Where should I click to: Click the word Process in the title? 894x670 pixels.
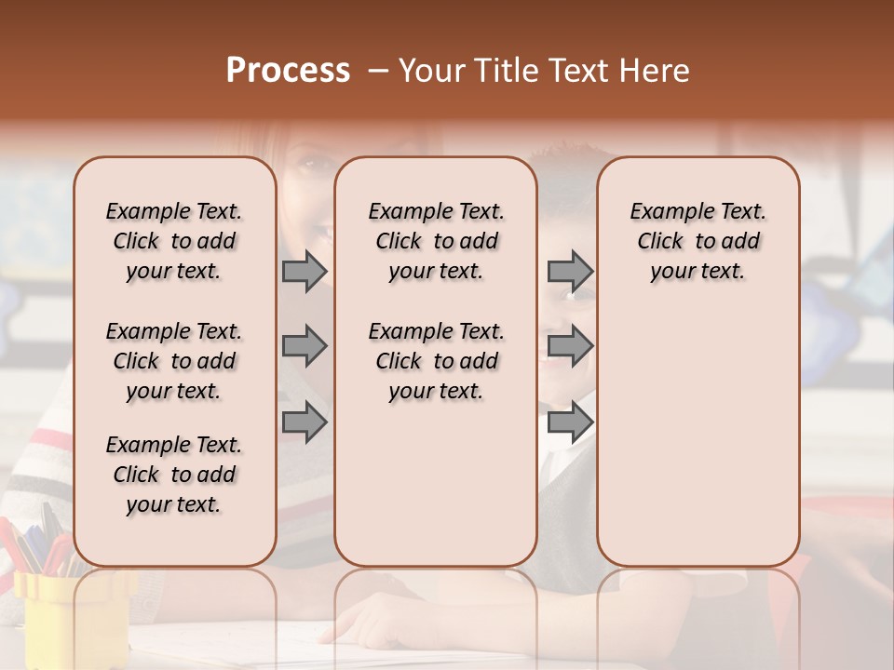coord(288,71)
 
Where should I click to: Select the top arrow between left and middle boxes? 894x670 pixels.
coord(305,272)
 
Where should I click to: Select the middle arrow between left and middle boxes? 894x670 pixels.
coord(305,346)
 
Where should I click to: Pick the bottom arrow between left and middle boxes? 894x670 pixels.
coord(305,422)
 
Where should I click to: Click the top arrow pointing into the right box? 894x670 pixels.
coord(570,272)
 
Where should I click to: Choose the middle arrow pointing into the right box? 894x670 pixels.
coord(570,346)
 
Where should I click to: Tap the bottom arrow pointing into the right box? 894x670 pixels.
coord(570,422)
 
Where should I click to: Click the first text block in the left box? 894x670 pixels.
coord(174,241)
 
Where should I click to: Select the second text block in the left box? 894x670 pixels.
coord(174,361)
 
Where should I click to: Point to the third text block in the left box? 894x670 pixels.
coord(174,475)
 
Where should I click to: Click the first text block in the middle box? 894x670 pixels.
coord(436,241)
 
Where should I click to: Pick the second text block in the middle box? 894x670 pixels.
coord(436,361)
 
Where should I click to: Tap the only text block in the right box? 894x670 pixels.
coord(698,241)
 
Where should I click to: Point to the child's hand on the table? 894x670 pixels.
coord(372,622)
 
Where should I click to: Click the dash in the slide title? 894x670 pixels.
coord(378,71)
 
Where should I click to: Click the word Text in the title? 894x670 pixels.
coord(576,71)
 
